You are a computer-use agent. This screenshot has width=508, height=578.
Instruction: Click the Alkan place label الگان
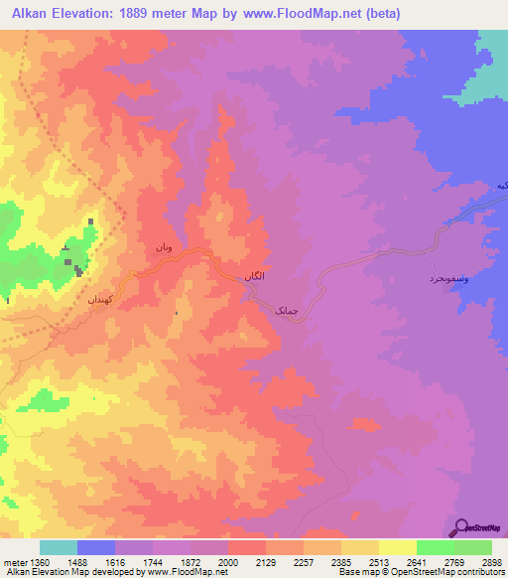coord(253,279)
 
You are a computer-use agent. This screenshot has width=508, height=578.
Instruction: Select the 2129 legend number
coord(266,562)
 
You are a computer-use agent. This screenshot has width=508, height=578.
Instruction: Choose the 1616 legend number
coord(115,562)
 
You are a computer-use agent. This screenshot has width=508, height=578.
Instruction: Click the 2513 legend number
coord(379,562)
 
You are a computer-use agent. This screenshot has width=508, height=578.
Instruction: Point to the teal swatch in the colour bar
coord(58,547)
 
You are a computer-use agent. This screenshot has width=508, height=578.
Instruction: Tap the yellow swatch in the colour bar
coord(397,547)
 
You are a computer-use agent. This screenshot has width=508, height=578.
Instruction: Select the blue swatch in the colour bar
coord(95,547)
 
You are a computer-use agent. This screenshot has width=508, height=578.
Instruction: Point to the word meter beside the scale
coord(16,562)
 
